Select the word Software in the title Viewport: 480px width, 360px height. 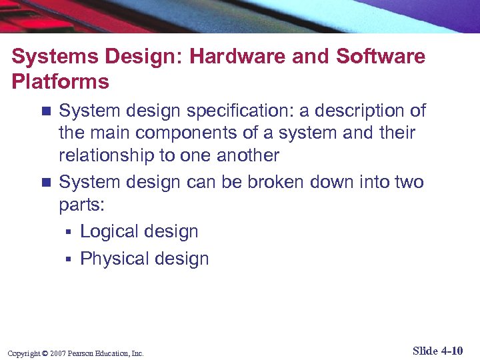[381, 57]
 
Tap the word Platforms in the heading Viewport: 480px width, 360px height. [60, 82]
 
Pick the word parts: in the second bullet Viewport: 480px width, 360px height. [81, 205]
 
